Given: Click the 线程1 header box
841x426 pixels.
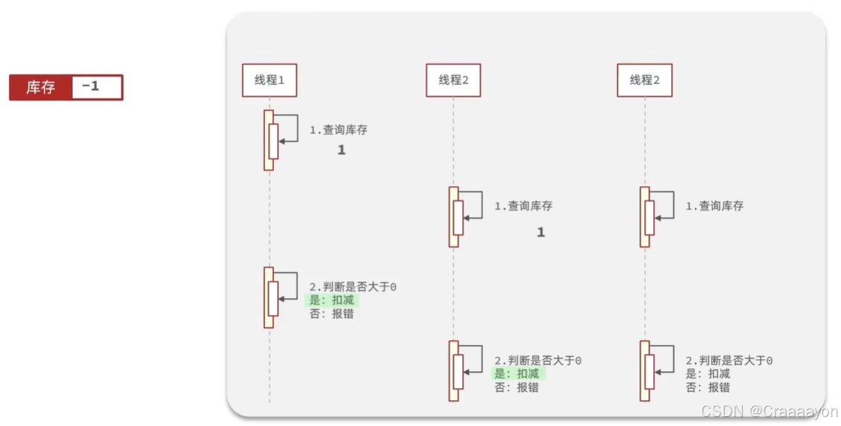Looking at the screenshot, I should (269, 80).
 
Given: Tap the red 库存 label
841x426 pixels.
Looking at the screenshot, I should (41, 87).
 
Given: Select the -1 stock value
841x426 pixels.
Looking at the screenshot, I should (91, 86).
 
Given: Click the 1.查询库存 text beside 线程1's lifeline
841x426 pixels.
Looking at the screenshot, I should (338, 130).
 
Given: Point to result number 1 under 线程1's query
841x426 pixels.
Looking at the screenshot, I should (342, 150).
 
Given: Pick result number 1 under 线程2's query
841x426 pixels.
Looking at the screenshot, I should (541, 232).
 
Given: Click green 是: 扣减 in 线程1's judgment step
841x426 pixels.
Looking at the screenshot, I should (333, 300).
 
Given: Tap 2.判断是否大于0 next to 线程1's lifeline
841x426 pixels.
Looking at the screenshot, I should (353, 287).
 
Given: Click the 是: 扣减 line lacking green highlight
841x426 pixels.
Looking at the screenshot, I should (708, 374).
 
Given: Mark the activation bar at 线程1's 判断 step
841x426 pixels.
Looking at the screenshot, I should (269, 297).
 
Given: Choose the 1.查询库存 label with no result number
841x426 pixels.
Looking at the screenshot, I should (714, 206).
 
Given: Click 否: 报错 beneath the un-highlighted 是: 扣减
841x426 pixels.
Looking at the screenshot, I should (708, 387).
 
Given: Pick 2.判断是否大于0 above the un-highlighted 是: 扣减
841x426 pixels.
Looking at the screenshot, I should (729, 360).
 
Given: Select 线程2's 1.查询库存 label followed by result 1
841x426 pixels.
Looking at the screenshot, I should (523, 206).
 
